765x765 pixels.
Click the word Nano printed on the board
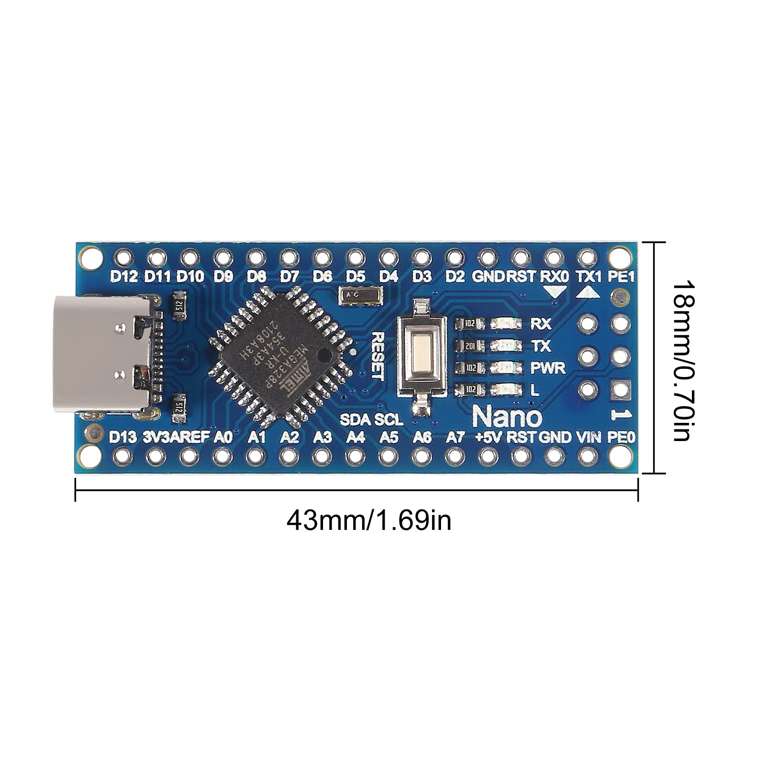[x=507, y=417]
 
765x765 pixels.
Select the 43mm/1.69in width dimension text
[x=368, y=520]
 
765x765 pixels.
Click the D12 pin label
[x=124, y=277]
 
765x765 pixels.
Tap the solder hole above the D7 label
[x=289, y=258]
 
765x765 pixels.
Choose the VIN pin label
[x=588, y=437]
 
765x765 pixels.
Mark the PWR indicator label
[x=548, y=368]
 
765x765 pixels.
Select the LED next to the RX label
[x=507, y=324]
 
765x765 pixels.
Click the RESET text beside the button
[x=378, y=356]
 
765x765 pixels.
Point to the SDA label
[x=355, y=420]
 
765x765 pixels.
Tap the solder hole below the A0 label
[x=222, y=457]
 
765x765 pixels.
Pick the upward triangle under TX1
[x=588, y=291]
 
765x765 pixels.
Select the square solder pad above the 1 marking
[x=620, y=390]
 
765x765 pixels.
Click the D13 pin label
[x=123, y=437]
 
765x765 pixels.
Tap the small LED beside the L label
[x=507, y=390]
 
